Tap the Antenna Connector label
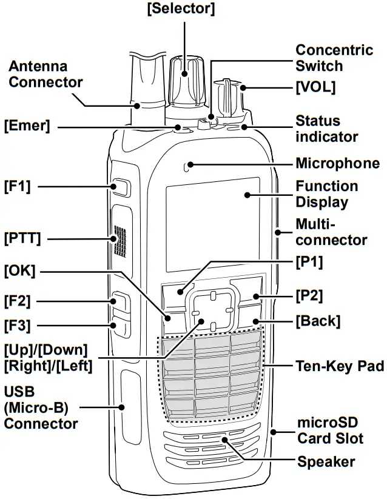[45, 73]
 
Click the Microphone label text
[337, 163]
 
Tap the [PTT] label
[22, 238]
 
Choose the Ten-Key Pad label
[339, 366]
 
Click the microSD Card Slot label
[330, 429]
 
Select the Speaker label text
[326, 462]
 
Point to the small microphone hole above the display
[190, 164]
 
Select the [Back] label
[317, 321]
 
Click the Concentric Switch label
[334, 58]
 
